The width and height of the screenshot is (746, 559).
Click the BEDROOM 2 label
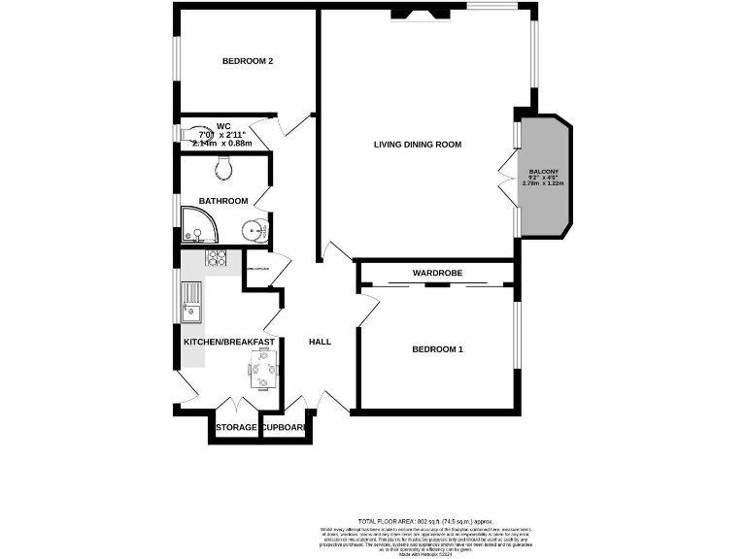[x=247, y=61]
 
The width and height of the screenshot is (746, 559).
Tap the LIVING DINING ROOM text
[x=417, y=145]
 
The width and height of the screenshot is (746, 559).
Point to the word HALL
[x=320, y=342]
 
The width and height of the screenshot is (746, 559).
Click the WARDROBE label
[x=436, y=274]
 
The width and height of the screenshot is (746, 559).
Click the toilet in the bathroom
[x=224, y=169]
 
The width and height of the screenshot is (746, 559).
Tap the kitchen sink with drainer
[x=191, y=301]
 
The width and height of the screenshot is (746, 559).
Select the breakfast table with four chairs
[x=264, y=369]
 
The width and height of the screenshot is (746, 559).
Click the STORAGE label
[x=236, y=428]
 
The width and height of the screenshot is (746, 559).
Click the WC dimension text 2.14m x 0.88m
[x=222, y=144]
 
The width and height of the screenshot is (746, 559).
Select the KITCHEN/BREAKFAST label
[x=229, y=342]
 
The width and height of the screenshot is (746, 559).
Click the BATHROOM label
[x=222, y=201]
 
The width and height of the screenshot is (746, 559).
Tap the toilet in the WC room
[x=197, y=133]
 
